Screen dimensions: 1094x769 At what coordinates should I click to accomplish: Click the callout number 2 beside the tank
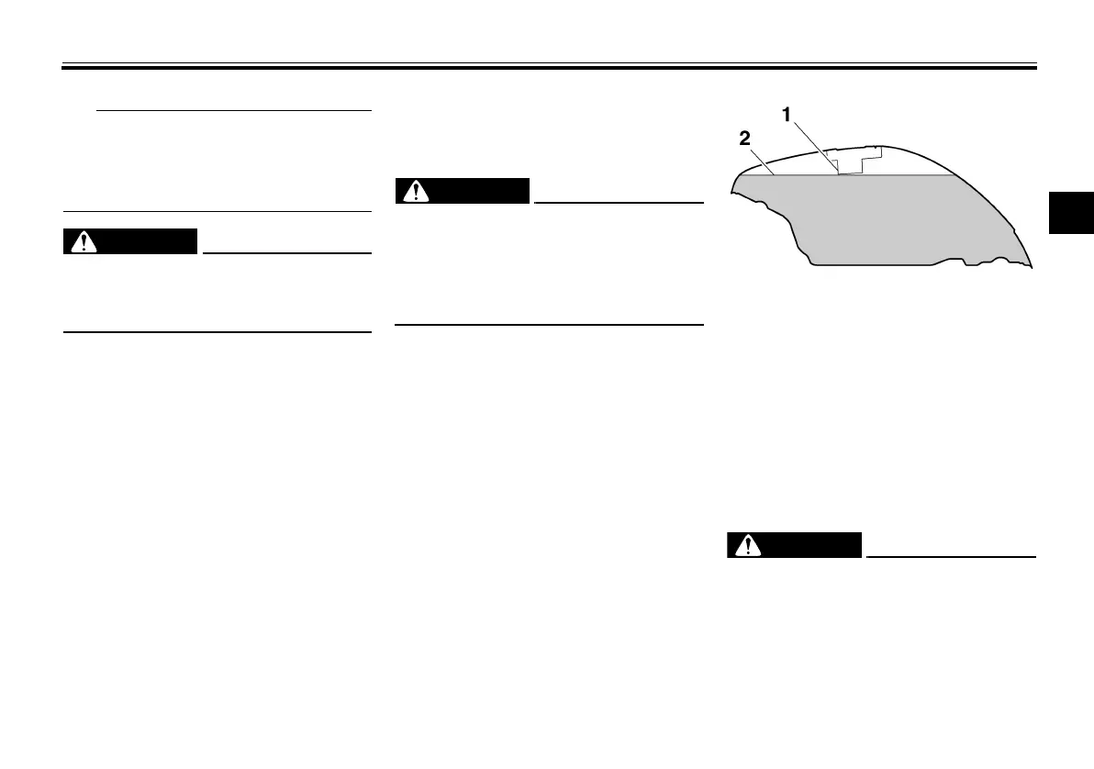coord(745,139)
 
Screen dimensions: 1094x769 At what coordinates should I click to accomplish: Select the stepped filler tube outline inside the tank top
coord(854,161)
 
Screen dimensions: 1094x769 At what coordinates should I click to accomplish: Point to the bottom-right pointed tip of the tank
coord(1030,267)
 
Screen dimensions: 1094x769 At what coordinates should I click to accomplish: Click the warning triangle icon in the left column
coord(84,241)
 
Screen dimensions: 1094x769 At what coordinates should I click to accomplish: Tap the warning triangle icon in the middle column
coord(418,191)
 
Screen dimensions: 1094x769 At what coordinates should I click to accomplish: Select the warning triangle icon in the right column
coord(749,545)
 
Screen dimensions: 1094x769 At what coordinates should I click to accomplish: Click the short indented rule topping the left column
coord(233,111)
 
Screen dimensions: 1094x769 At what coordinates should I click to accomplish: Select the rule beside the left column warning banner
coord(286,252)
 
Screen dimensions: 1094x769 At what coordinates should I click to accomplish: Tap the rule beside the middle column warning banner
coord(618,202)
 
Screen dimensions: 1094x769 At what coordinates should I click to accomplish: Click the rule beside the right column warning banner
coord(951,556)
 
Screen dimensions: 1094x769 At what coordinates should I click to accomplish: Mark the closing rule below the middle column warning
coord(548,324)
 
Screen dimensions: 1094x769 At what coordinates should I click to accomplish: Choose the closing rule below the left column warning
coord(217,332)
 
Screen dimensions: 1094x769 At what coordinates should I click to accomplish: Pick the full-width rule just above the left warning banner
coord(217,212)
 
